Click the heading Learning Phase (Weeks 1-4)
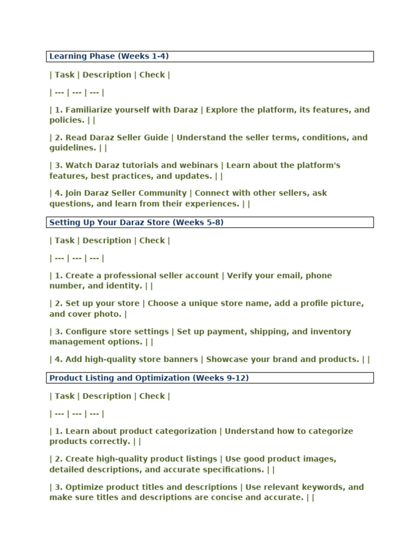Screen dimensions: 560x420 click(112, 56)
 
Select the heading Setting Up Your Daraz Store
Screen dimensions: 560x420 click(136, 223)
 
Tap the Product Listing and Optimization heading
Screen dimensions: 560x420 click(149, 378)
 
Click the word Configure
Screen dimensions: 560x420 click(86, 332)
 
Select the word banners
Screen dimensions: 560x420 click(181, 359)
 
